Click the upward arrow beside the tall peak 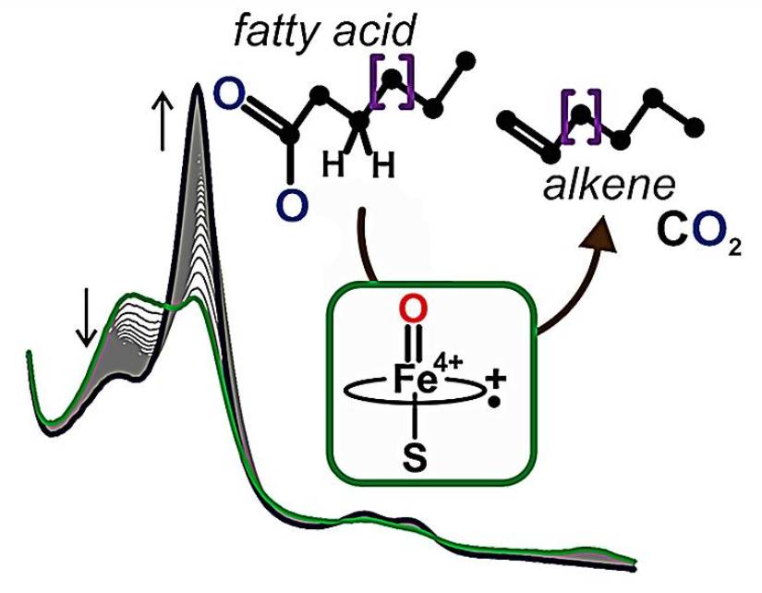pos(163,122)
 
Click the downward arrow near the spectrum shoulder pos(86,318)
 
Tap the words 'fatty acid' pos(324,30)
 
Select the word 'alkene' pos(609,186)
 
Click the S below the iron pos(415,458)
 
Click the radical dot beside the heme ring pos(495,403)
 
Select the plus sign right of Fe pos(496,379)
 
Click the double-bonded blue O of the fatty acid pos(229,95)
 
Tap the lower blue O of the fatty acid pos(292,205)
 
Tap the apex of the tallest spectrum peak pos(198,84)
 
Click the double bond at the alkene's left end pos(530,136)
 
